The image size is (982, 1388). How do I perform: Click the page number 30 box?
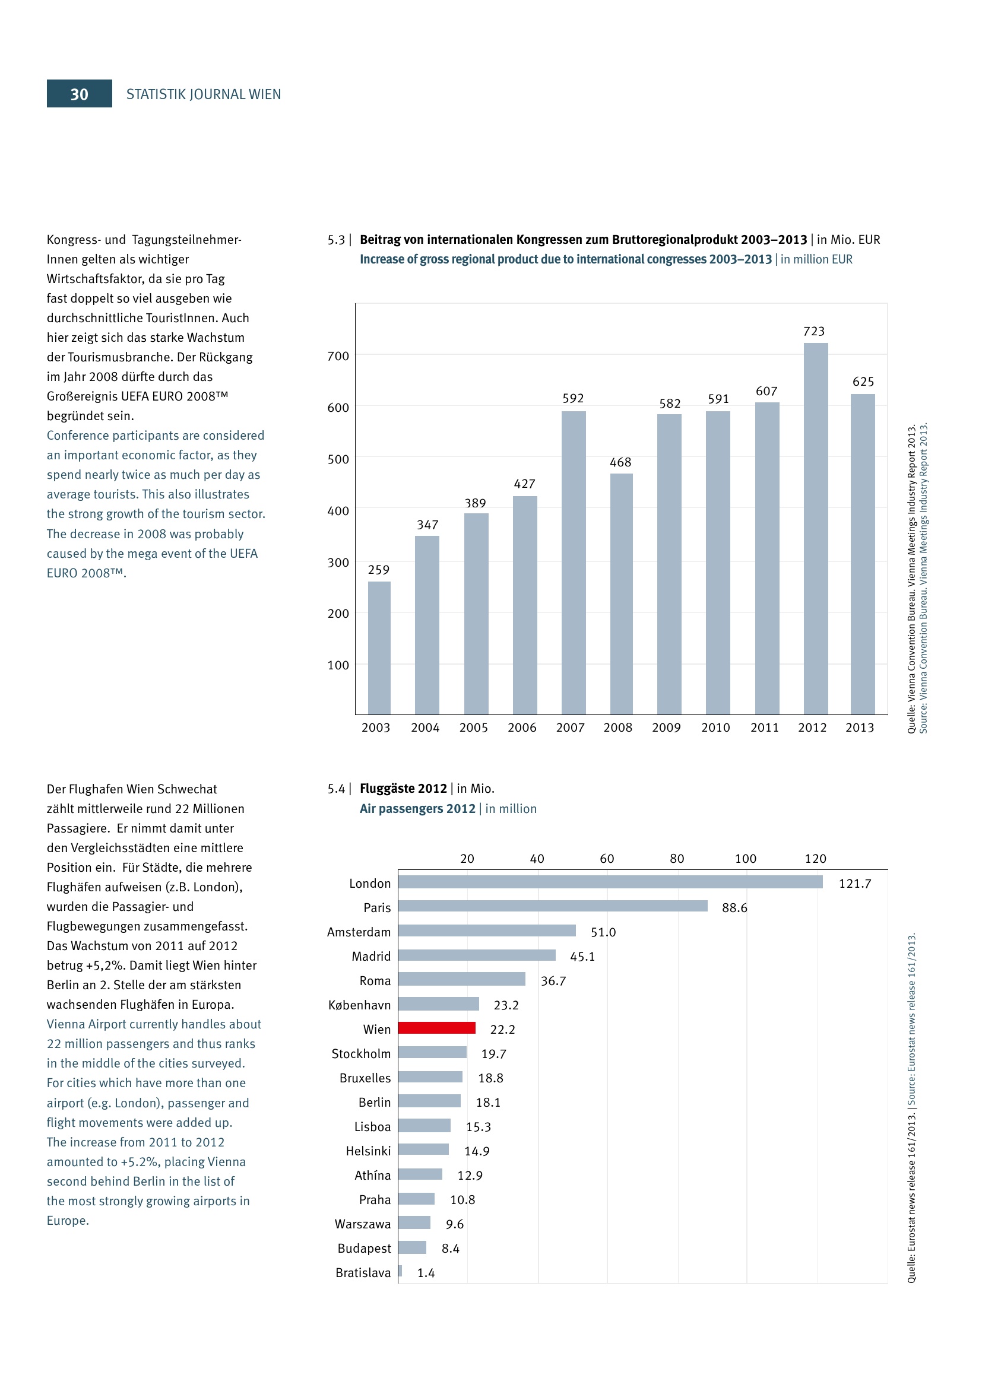79,94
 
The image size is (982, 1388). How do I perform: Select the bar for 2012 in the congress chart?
815,528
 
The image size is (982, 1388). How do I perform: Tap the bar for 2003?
379,647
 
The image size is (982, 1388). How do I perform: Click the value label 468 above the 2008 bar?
620,462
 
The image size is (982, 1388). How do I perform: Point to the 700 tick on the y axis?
338,356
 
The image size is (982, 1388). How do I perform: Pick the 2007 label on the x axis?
570,728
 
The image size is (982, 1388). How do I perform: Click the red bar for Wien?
436,1028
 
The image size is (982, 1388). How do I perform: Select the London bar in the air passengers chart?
610,882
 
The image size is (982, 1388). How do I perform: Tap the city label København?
359,1005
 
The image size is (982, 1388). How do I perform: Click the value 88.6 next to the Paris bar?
734,908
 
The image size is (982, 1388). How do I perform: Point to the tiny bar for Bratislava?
400,1271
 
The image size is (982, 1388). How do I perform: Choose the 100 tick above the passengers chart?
745,859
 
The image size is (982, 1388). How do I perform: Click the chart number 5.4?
336,788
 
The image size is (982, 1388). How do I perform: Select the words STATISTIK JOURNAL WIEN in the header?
203,94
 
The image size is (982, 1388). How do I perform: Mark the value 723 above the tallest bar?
813,331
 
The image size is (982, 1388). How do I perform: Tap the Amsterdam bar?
487,930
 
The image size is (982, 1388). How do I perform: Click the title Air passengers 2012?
417,808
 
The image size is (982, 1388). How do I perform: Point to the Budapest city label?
364,1249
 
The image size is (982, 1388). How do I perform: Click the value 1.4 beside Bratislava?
426,1272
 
